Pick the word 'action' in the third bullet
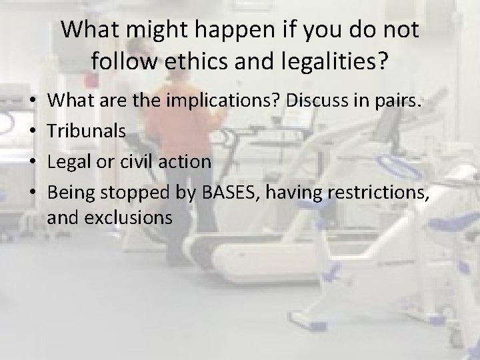coord(189,162)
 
